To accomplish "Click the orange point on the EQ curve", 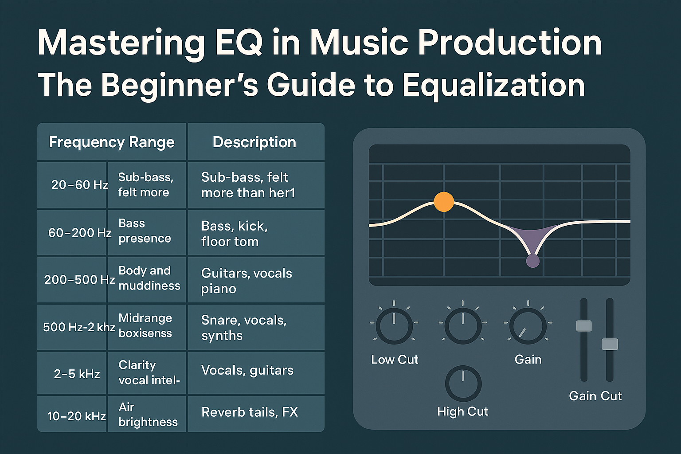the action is coord(444,202).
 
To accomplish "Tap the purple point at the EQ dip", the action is coord(532,261).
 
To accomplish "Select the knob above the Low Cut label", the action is coord(394,326).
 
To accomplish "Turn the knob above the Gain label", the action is coord(528,326).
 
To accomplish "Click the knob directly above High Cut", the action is coord(463,384).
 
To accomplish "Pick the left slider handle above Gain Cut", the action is coord(584,326).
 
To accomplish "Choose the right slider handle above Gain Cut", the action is coord(610,344).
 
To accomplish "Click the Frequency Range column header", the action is coord(112,142).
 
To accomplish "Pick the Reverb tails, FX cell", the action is coord(256,414).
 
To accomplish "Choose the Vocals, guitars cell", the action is coord(256,372).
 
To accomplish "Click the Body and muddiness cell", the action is coord(147,280).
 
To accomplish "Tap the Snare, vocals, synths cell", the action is coord(256,327).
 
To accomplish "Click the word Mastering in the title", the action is coord(121,43).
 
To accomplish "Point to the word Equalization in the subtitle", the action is coord(494,86).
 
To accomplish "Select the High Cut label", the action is coord(463,411).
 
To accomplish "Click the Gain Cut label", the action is coord(595,396).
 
